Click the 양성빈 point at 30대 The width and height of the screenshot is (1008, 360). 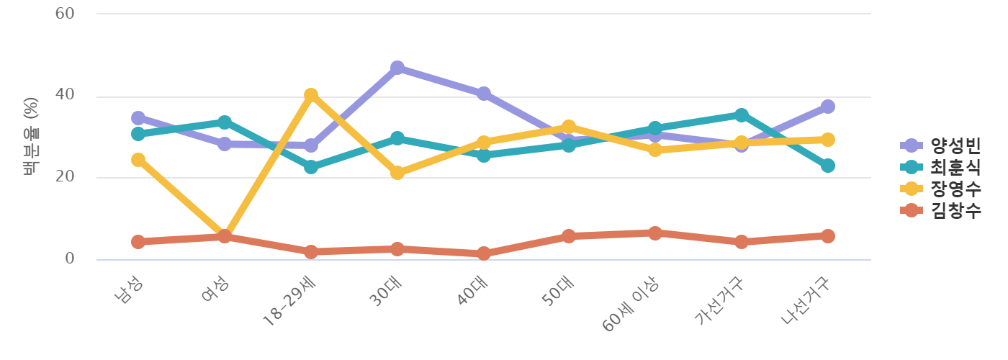397,68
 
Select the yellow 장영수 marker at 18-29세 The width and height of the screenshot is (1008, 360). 310,95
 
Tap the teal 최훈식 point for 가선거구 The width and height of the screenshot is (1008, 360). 741,115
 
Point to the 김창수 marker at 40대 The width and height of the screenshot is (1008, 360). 483,253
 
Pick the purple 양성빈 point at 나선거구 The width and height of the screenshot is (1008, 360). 827,107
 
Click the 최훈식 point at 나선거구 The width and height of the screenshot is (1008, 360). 827,166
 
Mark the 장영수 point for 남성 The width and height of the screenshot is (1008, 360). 138,160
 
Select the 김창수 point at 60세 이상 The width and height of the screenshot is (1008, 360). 654,233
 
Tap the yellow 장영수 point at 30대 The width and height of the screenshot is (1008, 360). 397,173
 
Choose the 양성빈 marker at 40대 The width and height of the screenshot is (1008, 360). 483,94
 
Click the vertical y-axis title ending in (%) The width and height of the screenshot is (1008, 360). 30,137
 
